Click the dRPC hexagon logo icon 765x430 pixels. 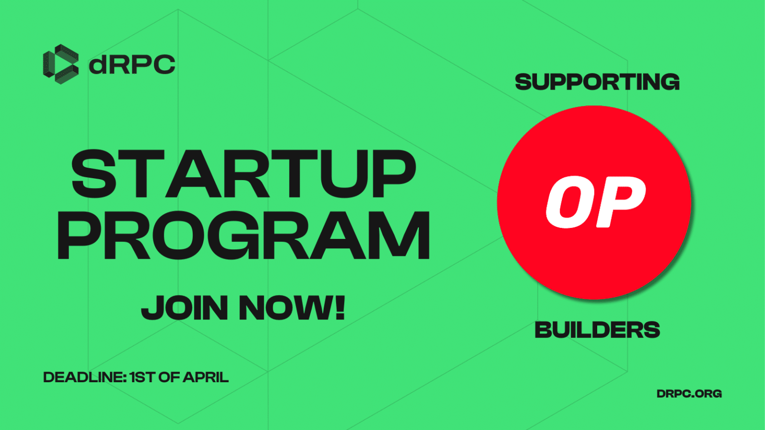pos(61,64)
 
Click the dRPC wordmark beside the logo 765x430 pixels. pos(132,64)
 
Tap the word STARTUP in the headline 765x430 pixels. pos(244,174)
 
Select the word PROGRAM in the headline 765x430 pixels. pos(244,235)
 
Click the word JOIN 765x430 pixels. pos(185,308)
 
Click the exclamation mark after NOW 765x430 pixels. pos(340,307)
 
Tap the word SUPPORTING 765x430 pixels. pos(597,82)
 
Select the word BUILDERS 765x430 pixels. pos(597,330)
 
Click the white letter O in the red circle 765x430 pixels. pos(570,202)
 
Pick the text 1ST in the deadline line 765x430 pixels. pos(143,377)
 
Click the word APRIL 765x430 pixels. pos(206,377)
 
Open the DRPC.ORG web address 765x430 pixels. pos(689,394)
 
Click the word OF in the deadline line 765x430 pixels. pos(169,377)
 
